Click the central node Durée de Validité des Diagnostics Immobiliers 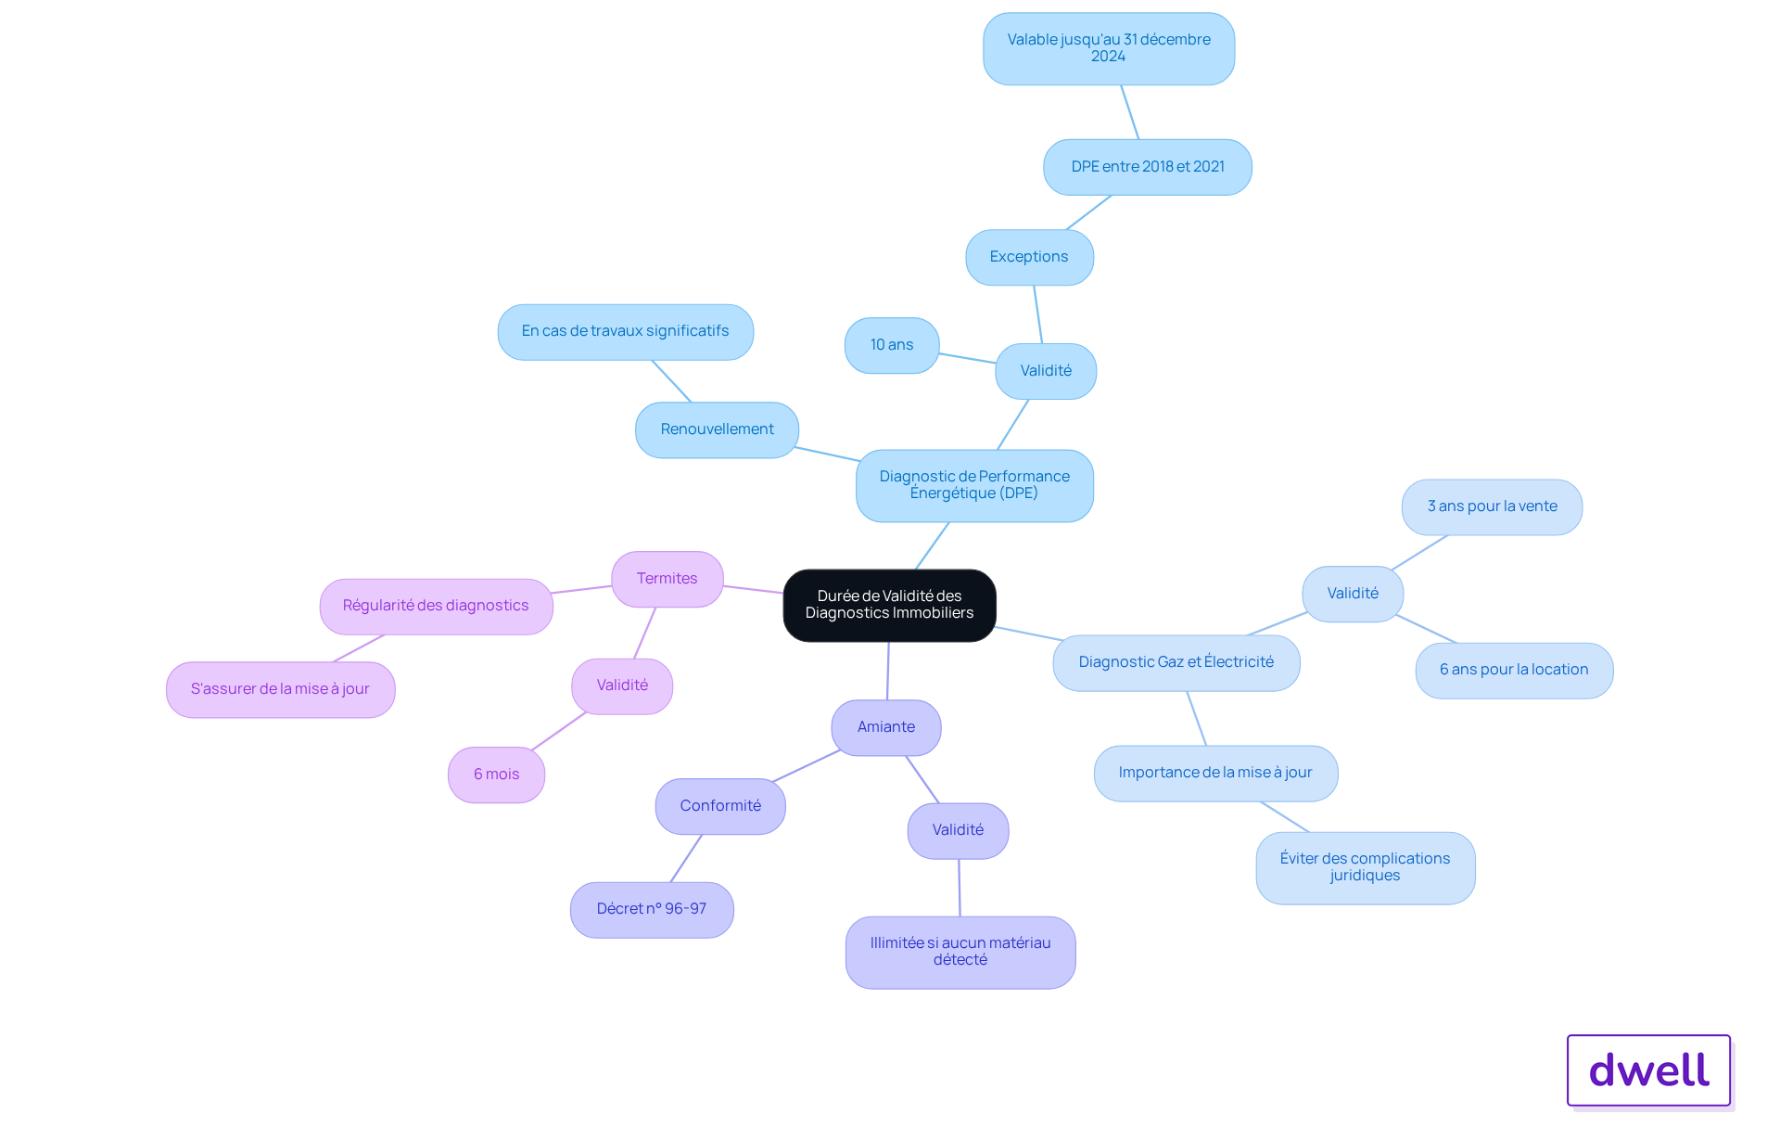(889, 605)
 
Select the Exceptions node (1029, 257)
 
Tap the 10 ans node (892, 345)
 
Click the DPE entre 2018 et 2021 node (1148, 167)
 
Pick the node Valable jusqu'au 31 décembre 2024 (1109, 48)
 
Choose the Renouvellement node (717, 429)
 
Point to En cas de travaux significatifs (625, 331)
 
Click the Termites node (667, 579)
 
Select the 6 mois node (496, 775)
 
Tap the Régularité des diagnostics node (436, 606)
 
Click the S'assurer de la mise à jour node (280, 689)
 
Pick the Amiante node (886, 727)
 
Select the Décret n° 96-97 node (652, 909)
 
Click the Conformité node (720, 806)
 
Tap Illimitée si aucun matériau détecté (960, 952)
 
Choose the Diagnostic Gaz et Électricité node (1176, 662)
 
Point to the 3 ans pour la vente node (1492, 506)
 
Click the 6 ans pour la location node (1514, 670)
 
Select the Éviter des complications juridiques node (1366, 867)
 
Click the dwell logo (1649, 1070)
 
